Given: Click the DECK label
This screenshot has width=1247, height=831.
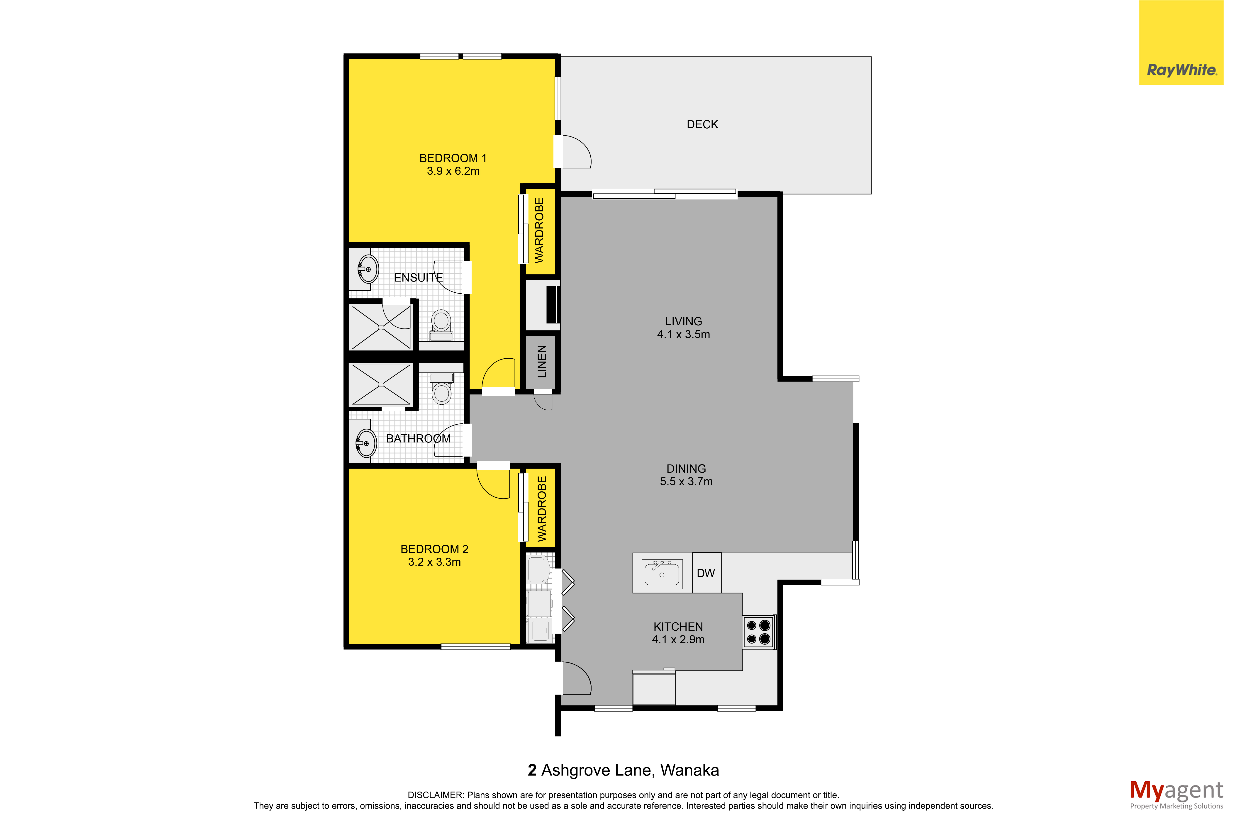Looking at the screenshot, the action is (x=702, y=124).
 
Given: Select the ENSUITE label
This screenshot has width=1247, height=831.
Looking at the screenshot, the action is (x=418, y=278).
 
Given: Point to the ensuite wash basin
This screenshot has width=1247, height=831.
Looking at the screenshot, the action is (x=367, y=269).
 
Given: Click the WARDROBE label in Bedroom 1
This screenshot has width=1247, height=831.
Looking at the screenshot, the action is (x=540, y=231).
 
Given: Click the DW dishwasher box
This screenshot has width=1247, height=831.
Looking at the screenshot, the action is (x=706, y=573).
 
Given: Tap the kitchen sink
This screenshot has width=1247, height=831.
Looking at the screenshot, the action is (x=662, y=573).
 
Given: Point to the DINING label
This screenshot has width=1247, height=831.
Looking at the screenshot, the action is (x=686, y=469).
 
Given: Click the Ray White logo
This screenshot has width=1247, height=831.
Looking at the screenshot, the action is (x=1181, y=43).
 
